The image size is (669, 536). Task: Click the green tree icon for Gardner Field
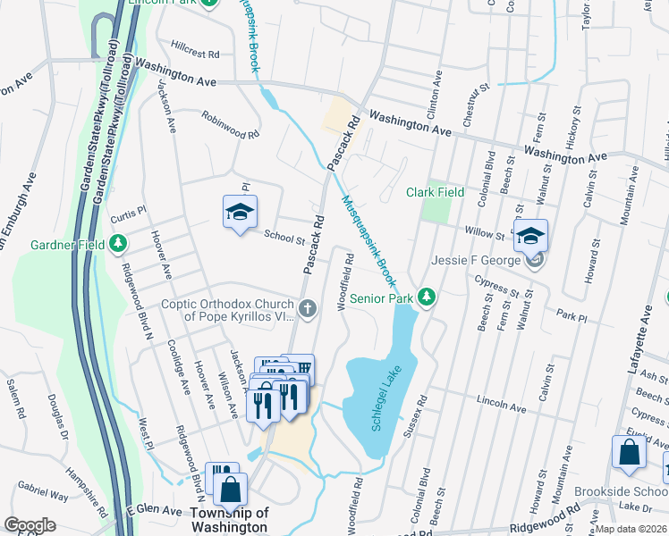(117, 244)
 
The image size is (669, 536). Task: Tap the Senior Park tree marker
(428, 297)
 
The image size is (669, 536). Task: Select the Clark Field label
(435, 192)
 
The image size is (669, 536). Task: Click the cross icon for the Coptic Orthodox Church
(307, 309)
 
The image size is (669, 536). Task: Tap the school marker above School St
(240, 212)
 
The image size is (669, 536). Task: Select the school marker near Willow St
(530, 235)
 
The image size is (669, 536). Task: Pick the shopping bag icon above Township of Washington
(231, 489)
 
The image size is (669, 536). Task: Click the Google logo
(30, 525)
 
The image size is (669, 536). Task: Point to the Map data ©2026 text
(631, 529)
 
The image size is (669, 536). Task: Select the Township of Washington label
(229, 520)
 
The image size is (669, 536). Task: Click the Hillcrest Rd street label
(195, 54)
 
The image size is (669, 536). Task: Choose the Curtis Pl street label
(127, 220)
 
